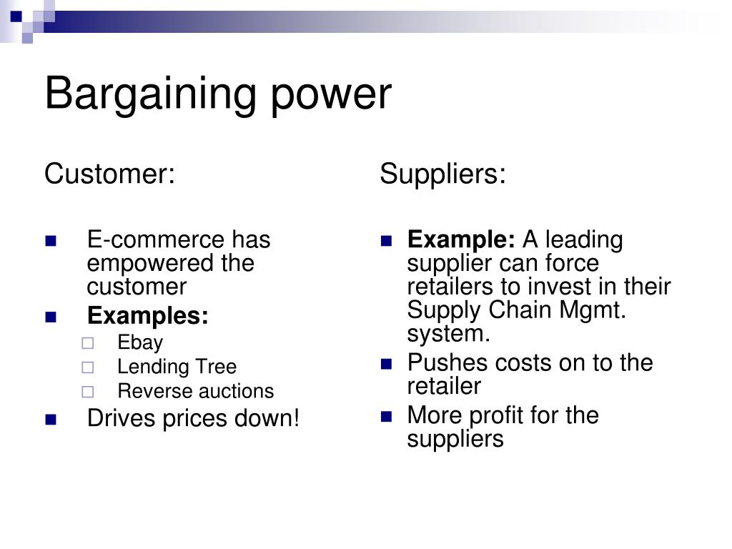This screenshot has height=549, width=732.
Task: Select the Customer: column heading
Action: click(x=109, y=174)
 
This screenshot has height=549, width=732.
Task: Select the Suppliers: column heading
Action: click(x=442, y=174)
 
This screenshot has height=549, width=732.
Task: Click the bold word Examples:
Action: click(x=148, y=315)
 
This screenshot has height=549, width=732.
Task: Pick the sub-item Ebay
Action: click(x=140, y=342)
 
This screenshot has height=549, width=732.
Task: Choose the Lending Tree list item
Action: click(x=177, y=367)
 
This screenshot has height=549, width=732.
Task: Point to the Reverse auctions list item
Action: click(x=195, y=391)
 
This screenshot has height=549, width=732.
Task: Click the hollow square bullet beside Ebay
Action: click(x=88, y=343)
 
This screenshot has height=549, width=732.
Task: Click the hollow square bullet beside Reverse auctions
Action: click(x=88, y=392)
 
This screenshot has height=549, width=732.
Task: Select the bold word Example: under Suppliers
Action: click(x=461, y=239)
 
